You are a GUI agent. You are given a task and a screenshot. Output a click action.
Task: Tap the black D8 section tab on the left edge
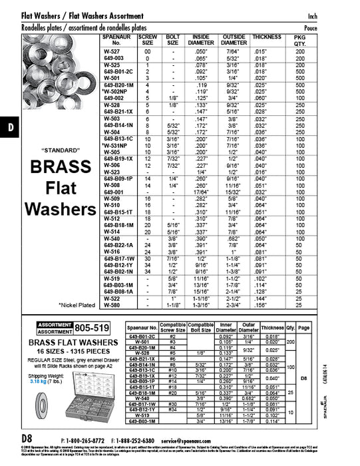click(9, 127)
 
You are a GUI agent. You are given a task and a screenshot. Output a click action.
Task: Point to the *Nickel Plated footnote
click(77, 304)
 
